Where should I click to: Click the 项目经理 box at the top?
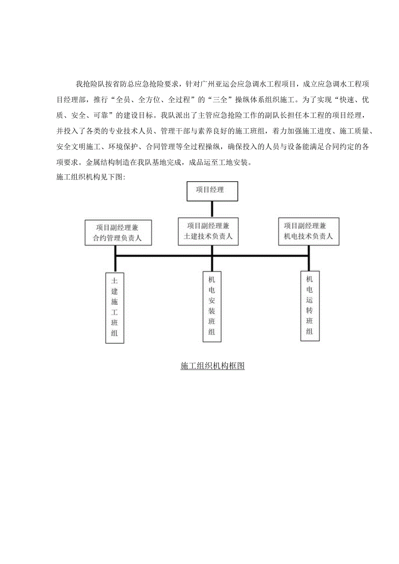point(212,191)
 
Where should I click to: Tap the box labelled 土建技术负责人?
point(212,231)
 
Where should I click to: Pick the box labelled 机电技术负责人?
point(308,231)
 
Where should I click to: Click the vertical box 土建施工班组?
point(115,308)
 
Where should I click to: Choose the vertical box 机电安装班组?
point(212,306)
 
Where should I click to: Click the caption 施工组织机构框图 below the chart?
point(213,366)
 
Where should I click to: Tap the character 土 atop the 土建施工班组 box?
point(115,280)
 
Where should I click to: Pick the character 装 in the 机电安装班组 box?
point(212,311)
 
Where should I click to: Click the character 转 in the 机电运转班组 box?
point(309,310)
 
